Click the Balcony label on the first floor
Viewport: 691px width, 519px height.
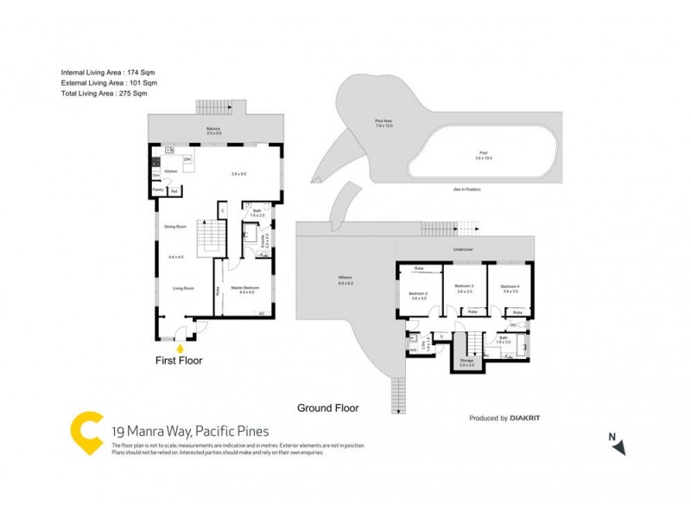click(x=213, y=130)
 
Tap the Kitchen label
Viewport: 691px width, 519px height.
click(x=171, y=172)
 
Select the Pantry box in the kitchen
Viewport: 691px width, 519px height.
click(x=158, y=189)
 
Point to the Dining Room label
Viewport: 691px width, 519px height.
click(x=175, y=227)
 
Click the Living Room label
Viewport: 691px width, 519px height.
click(x=182, y=289)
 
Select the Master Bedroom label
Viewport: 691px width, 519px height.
click(x=244, y=289)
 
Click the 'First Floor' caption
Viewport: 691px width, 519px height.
click(x=179, y=361)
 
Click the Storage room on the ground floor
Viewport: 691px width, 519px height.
click(x=466, y=361)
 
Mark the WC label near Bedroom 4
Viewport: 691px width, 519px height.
click(x=513, y=325)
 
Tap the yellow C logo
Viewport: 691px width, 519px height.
click(x=86, y=432)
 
